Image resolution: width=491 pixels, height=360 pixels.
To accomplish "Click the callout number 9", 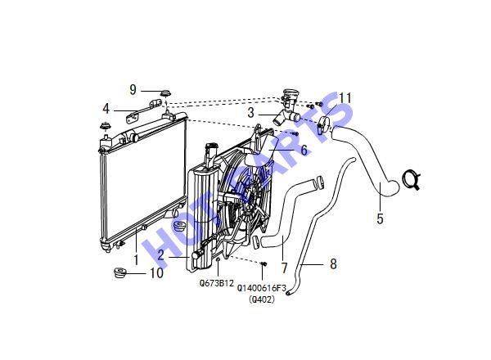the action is pyautogui.click(x=133, y=90).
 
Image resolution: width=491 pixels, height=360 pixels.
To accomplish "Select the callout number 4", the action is pyautogui.click(x=106, y=109).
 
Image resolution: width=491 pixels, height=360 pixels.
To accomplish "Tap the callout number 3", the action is pyautogui.click(x=251, y=113).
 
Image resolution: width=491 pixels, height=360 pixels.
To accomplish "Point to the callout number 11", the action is pyautogui.click(x=345, y=98).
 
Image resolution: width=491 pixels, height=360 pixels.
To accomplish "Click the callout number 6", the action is pyautogui.click(x=304, y=150).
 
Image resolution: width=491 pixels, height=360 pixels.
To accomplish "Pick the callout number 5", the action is pyautogui.click(x=380, y=218).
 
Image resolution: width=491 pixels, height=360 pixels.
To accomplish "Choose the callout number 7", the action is pyautogui.click(x=284, y=268).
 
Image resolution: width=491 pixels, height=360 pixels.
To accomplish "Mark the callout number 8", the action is pyautogui.click(x=334, y=264).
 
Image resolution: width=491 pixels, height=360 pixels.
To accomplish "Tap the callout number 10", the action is pyautogui.click(x=157, y=273).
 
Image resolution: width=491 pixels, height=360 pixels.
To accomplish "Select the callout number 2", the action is pyautogui.click(x=160, y=255).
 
